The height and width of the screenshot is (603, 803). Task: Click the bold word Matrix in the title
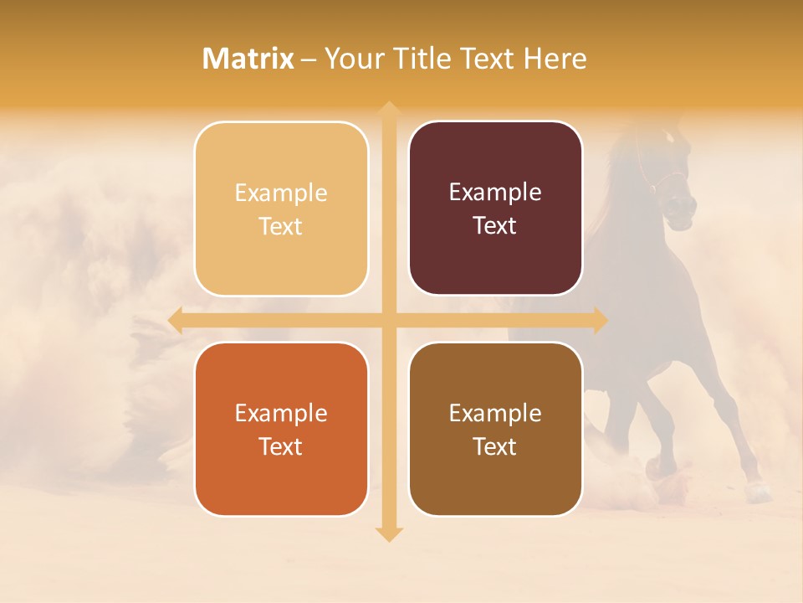[248, 59]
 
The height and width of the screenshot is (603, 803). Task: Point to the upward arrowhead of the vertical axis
[388, 109]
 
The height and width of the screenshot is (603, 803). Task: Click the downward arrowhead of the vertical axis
[388, 533]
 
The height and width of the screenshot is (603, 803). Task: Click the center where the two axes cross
[388, 320]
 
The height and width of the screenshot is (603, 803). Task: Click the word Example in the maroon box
[495, 193]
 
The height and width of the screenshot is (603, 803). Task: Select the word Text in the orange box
[280, 446]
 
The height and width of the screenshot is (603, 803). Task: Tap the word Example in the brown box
[495, 413]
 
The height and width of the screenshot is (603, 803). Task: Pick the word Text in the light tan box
[280, 226]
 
